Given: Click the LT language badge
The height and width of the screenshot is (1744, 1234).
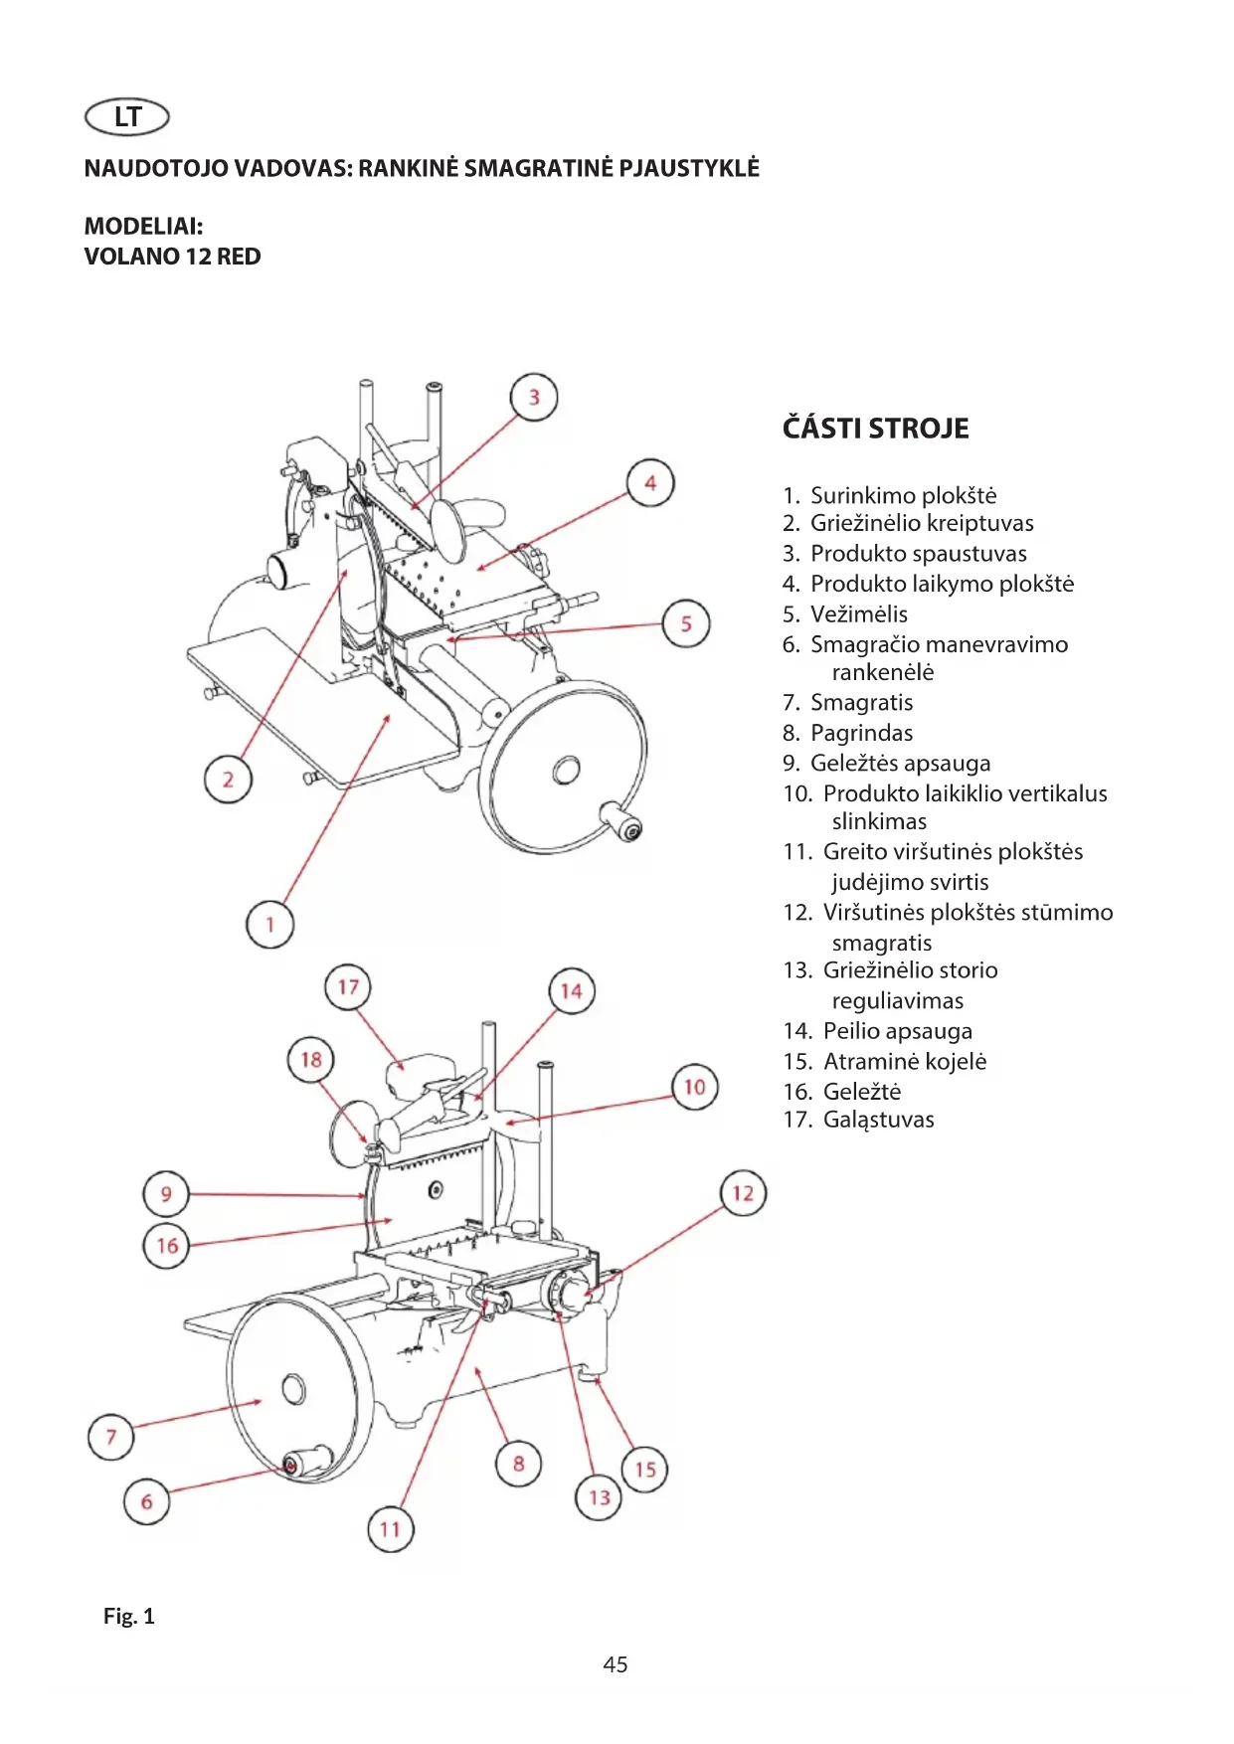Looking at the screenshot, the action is point(127,117).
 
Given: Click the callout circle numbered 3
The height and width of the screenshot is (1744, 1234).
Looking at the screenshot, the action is point(534,398).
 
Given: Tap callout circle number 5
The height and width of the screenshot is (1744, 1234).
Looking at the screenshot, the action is point(686,623).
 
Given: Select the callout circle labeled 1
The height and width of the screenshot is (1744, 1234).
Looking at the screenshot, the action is point(269,925).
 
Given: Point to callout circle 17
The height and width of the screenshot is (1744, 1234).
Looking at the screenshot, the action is point(348,987).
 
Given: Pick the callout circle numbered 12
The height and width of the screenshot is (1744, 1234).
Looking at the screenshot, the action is point(743,1193).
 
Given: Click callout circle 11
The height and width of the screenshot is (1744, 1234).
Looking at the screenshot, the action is point(390,1529).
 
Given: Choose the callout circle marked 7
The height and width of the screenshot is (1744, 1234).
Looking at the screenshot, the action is point(111,1436).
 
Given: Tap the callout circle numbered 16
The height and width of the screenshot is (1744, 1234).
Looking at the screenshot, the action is point(167,1246).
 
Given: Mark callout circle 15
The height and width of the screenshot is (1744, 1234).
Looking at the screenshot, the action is point(645,1469).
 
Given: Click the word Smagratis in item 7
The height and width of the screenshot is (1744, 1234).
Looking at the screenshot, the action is point(861,703).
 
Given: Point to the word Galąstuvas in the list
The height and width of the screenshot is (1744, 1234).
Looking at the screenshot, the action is point(879,1120).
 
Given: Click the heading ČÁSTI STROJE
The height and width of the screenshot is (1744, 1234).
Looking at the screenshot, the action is point(876,429).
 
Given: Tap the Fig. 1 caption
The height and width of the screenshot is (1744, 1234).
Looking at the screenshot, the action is point(129,1616).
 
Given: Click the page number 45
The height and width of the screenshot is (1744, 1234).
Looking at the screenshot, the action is point(616,1664).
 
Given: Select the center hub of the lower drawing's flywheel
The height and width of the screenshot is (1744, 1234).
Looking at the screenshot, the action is point(293,1388).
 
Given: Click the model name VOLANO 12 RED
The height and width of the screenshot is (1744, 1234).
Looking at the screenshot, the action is point(173,257).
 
